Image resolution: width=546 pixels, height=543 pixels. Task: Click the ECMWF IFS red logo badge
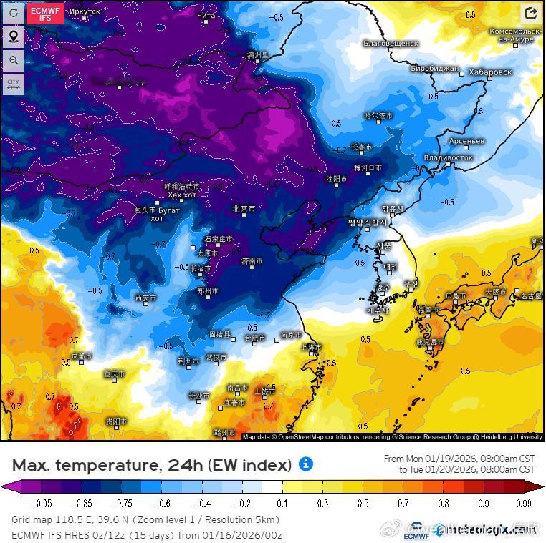click(x=45, y=13)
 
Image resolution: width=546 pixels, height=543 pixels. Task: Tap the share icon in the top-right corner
click(x=531, y=13)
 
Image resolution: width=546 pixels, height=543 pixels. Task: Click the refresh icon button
click(x=14, y=13)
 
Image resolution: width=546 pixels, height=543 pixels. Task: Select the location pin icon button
click(x=14, y=36)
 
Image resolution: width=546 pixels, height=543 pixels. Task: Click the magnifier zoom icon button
click(x=14, y=61)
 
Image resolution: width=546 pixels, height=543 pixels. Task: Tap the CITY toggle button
click(x=14, y=84)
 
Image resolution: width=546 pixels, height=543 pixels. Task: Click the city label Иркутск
click(x=85, y=12)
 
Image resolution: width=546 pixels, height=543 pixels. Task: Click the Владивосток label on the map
click(x=449, y=157)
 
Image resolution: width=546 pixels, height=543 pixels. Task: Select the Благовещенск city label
click(x=391, y=44)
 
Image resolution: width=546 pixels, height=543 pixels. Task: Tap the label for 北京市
click(x=244, y=209)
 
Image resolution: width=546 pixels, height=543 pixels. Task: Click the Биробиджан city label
click(x=435, y=69)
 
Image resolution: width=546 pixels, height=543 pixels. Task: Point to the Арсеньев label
click(x=466, y=141)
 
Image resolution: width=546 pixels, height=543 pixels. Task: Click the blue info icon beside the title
click(x=306, y=464)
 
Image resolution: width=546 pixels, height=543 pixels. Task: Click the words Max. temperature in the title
click(x=86, y=465)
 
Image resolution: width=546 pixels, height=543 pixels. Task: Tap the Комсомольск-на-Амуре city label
click(x=515, y=35)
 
